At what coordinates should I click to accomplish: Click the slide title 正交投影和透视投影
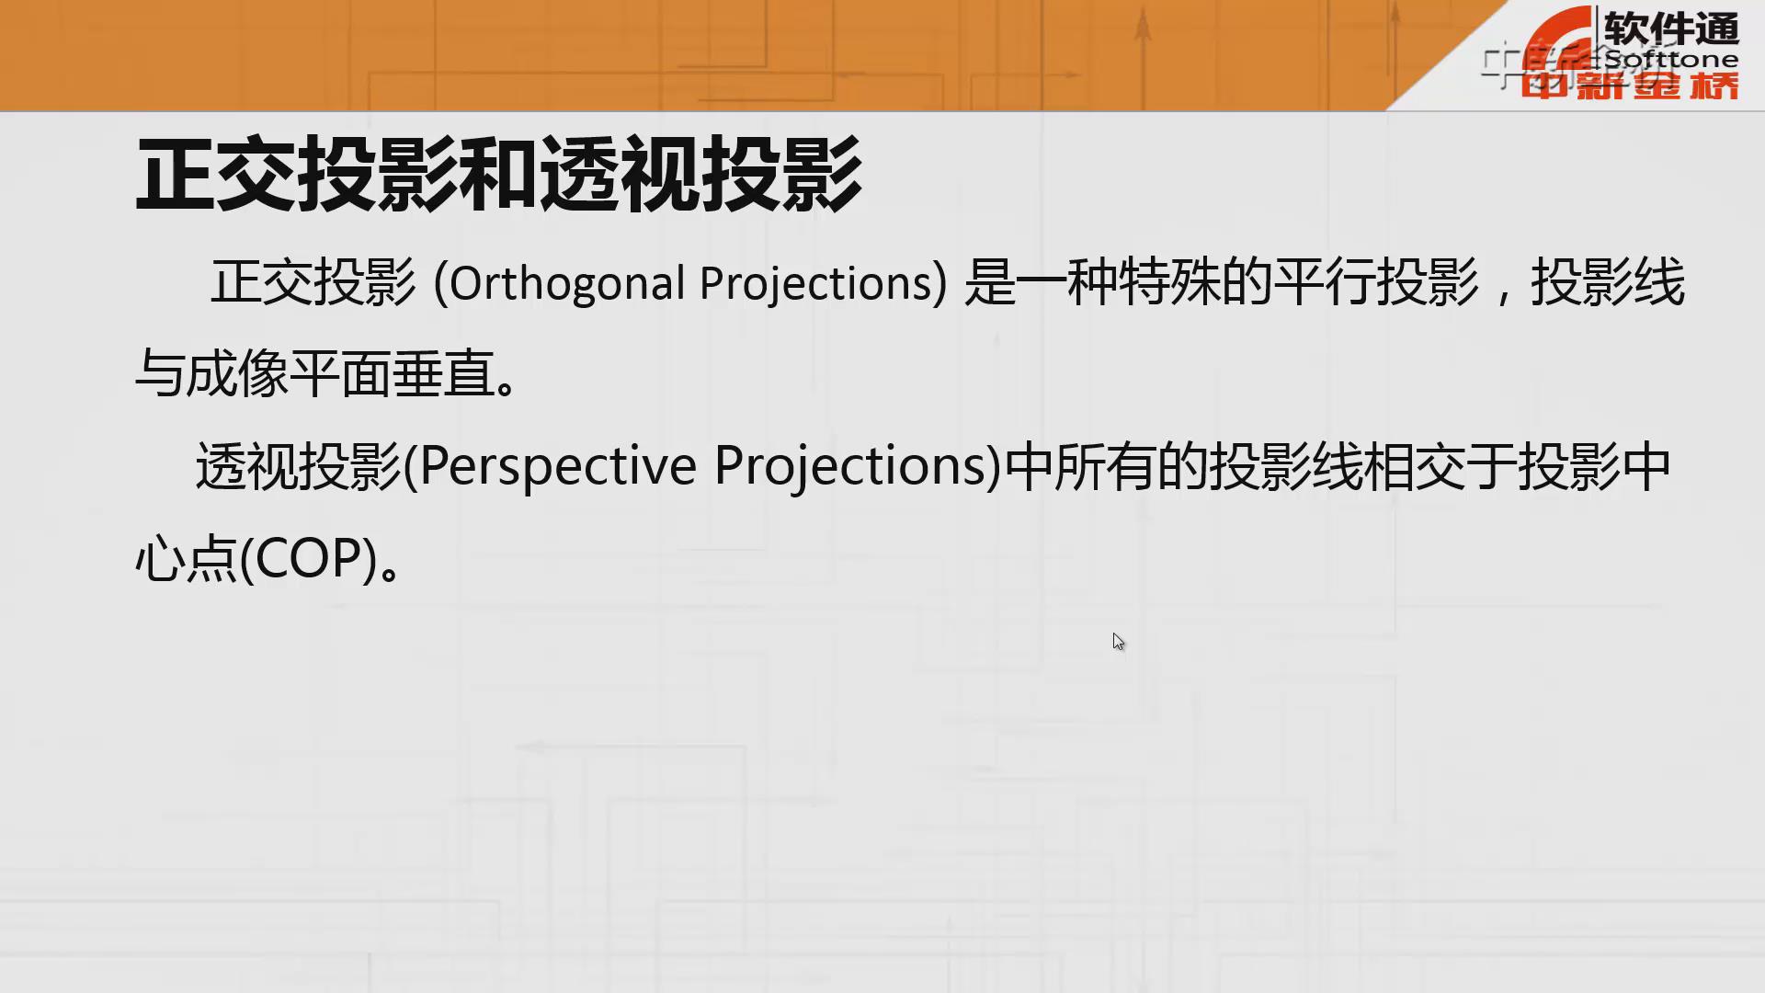pyautogui.click(x=499, y=175)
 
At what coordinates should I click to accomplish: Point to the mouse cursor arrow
pyautogui.click(x=1118, y=642)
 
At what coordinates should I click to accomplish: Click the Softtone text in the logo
pyautogui.click(x=1671, y=60)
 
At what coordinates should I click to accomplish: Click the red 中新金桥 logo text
pyautogui.click(x=1629, y=86)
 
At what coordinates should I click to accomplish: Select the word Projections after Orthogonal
pyautogui.click(x=816, y=283)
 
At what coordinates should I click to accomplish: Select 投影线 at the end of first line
pyautogui.click(x=1608, y=282)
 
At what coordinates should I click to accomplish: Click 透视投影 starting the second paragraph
pyautogui.click(x=299, y=466)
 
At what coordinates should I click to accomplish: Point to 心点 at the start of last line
pyautogui.click(x=187, y=558)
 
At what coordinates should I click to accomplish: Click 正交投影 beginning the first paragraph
pyautogui.click(x=313, y=282)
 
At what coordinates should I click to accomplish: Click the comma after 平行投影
pyautogui.click(x=1504, y=296)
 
